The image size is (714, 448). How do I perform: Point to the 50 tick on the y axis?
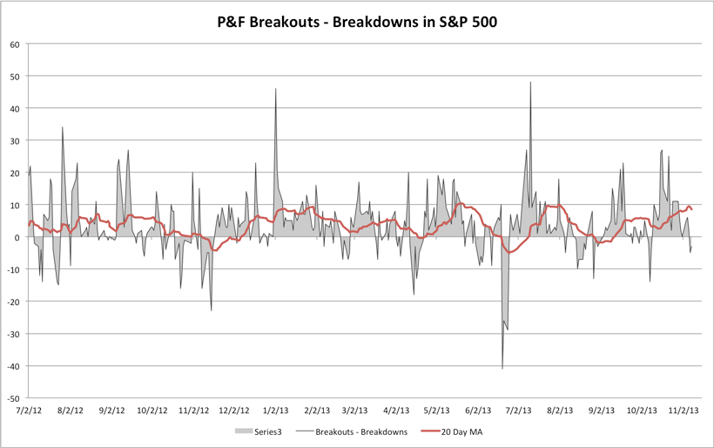(x=15, y=77)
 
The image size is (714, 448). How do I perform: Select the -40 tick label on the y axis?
(x=12, y=365)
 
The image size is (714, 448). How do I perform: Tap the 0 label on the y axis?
(x=17, y=237)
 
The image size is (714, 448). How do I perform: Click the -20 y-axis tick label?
(x=12, y=302)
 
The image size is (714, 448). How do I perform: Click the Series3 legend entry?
(x=259, y=431)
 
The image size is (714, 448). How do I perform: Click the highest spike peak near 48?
(x=530, y=83)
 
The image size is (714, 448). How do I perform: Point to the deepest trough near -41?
(x=502, y=369)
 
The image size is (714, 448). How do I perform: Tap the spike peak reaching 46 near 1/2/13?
(x=276, y=89)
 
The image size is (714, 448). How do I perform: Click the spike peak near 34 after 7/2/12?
(x=63, y=128)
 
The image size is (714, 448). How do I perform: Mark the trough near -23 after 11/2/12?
(x=212, y=310)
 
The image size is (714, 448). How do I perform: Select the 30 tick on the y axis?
(x=15, y=140)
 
